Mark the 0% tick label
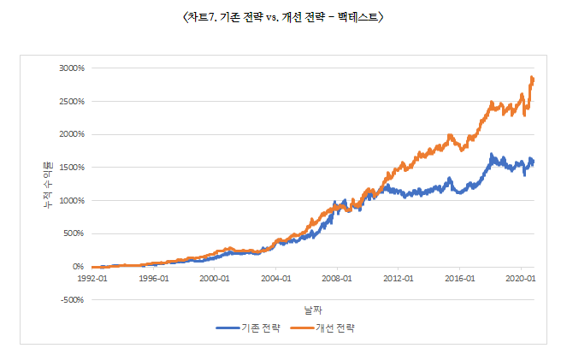pyautogui.click(x=75, y=267)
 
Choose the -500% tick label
pyautogui.click(x=68, y=299)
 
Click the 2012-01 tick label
pyautogui.click(x=399, y=278)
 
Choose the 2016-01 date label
pyautogui.click(x=460, y=278)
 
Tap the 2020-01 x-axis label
pyautogui.click(x=521, y=278)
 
